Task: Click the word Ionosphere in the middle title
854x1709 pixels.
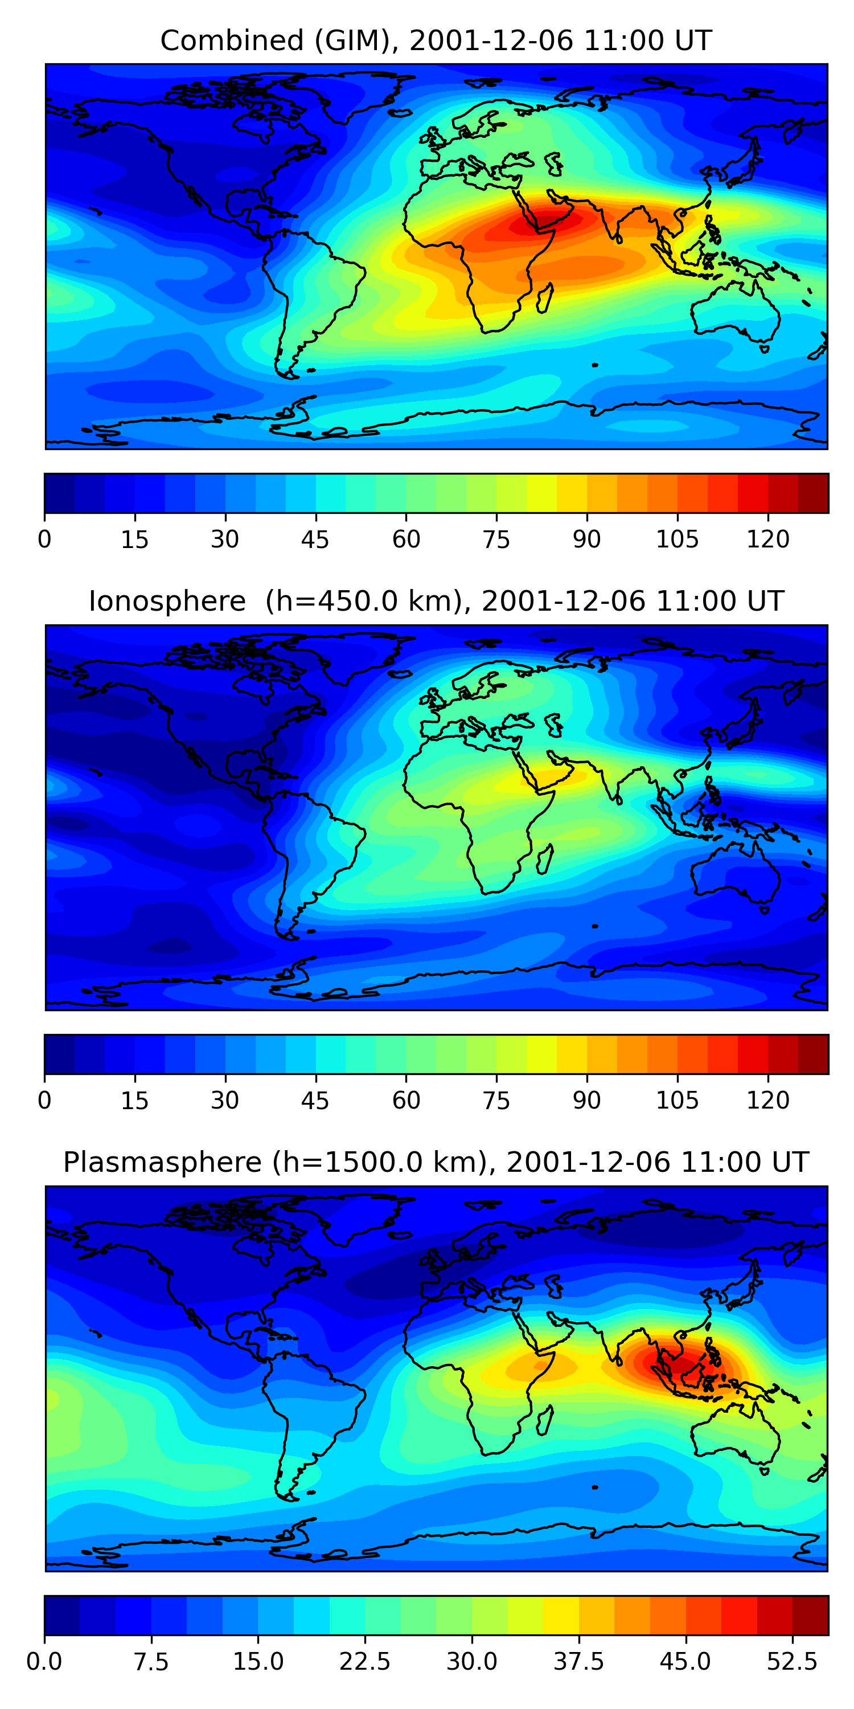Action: [167, 602]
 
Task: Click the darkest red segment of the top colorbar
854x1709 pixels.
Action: [813, 493]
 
